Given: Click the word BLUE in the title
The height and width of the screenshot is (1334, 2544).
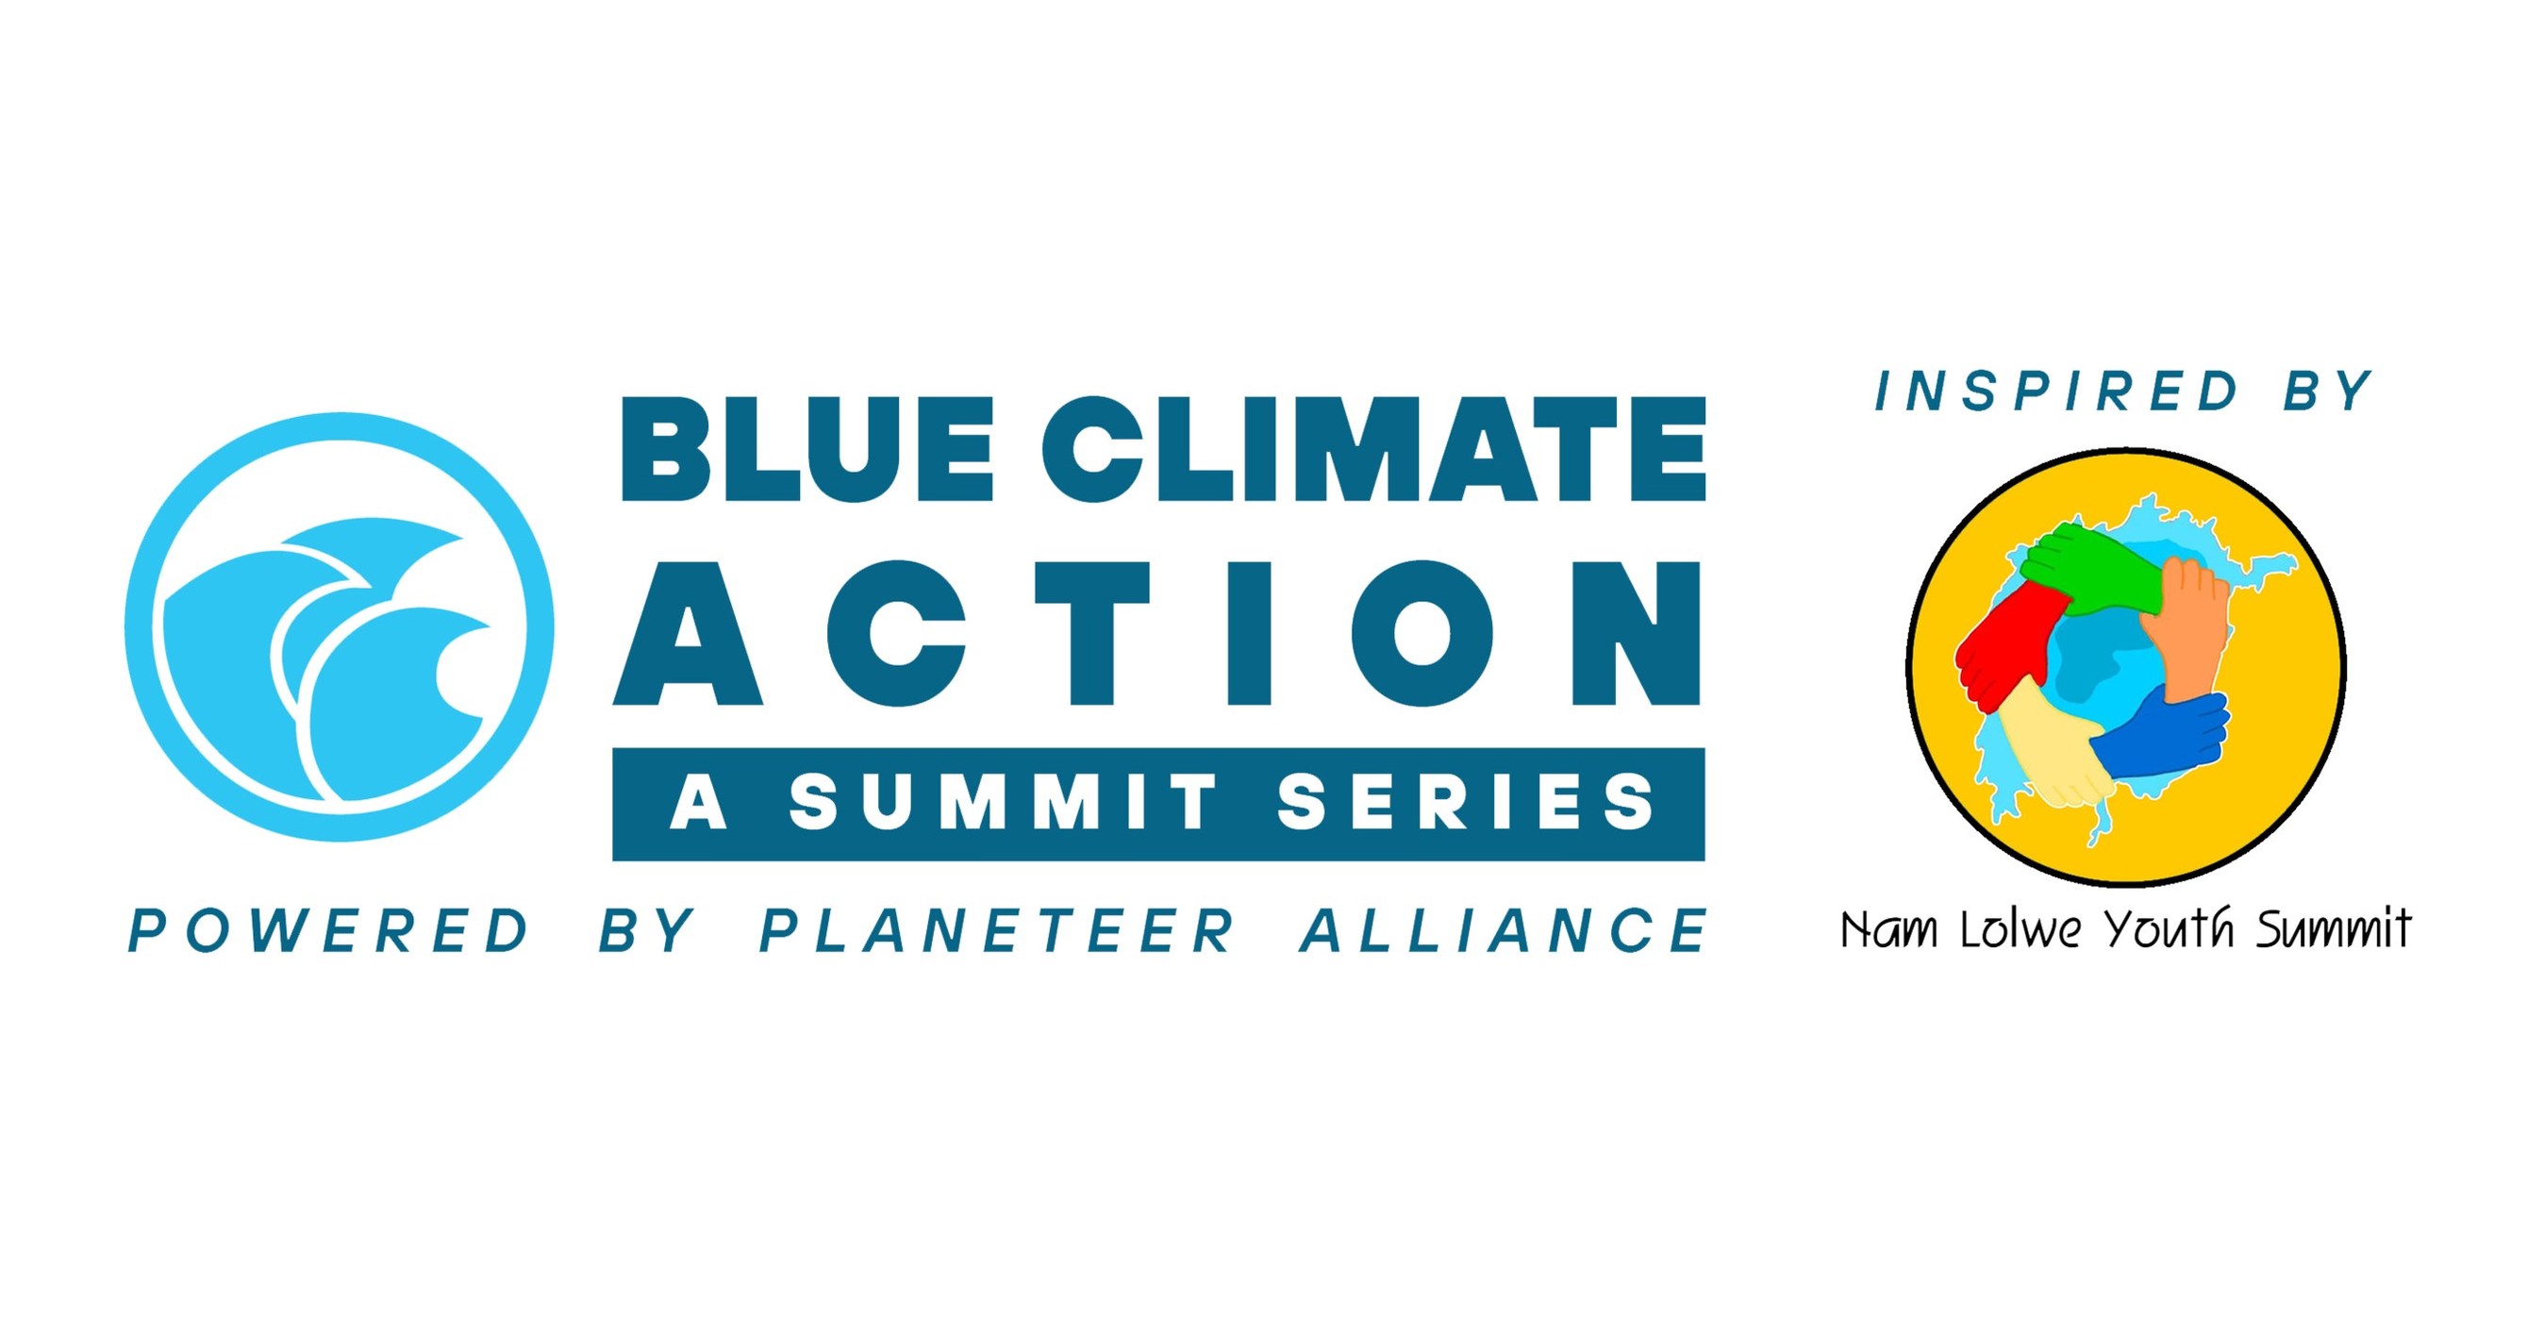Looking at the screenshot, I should pyautogui.click(x=806, y=449).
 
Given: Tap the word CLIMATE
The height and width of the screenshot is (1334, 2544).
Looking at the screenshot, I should pyautogui.click(x=1373, y=449).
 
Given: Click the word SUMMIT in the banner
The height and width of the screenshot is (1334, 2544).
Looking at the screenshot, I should pyautogui.click(x=1004, y=802).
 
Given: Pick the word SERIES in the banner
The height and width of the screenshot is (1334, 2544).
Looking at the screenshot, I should pyautogui.click(x=1466, y=802).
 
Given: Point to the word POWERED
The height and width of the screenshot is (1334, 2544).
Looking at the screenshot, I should pyautogui.click(x=330, y=931).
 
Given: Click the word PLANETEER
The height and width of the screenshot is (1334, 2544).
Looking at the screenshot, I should pyautogui.click(x=997, y=931).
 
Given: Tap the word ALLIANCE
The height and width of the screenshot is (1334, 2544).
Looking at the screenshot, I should pyautogui.click(x=1503, y=931).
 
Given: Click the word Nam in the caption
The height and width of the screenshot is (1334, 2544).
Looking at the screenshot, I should pyautogui.click(x=1889, y=930).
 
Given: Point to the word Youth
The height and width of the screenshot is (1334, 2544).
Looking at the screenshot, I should pyautogui.click(x=2168, y=930).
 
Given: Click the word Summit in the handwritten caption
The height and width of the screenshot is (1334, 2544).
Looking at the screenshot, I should pyautogui.click(x=2333, y=930).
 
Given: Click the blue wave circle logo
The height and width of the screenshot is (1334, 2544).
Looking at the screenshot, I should pyautogui.click(x=339, y=627).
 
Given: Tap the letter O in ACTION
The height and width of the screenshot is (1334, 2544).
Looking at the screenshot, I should pyautogui.click(x=1422, y=633).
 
